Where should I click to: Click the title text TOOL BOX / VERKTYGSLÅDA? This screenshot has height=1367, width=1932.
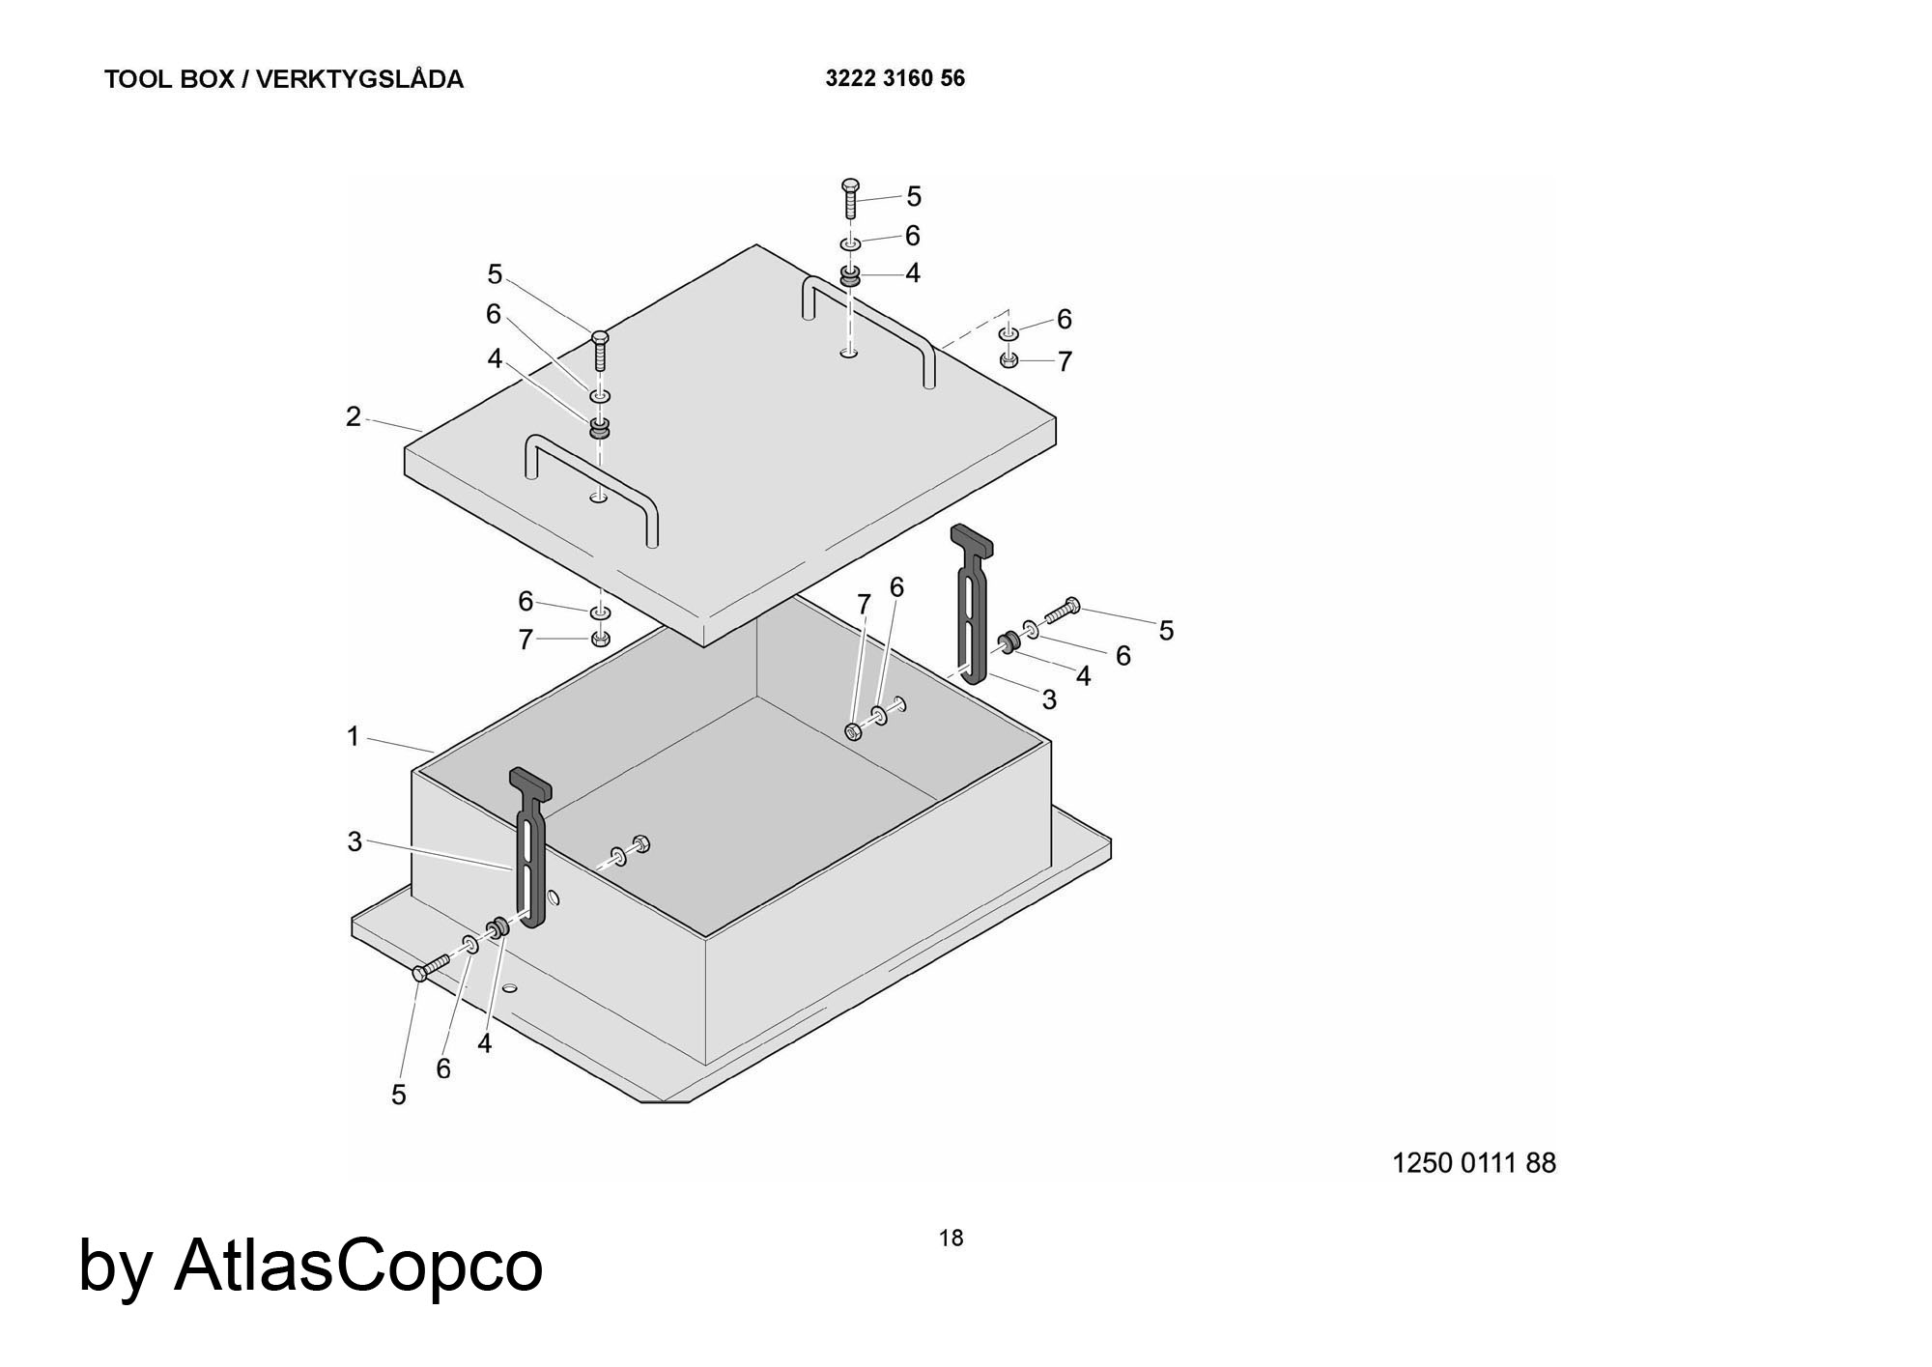pyautogui.click(x=283, y=79)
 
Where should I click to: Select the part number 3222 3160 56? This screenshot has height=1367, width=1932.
pyautogui.click(x=895, y=78)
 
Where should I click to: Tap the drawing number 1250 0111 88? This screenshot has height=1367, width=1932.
pyautogui.click(x=1473, y=1162)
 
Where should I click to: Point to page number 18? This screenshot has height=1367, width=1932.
pyautogui.click(x=951, y=1238)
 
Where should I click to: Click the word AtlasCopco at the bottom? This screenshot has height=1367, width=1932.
pyautogui.click(x=357, y=1265)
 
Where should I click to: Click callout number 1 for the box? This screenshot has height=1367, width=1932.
pyautogui.click(x=353, y=736)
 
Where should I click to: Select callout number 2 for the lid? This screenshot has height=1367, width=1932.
pyautogui.click(x=354, y=416)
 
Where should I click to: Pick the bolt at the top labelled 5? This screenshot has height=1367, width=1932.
pyautogui.click(x=850, y=197)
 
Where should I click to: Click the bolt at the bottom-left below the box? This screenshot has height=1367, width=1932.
pyautogui.click(x=431, y=966)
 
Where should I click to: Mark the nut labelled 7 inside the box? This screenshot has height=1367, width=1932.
pyautogui.click(x=853, y=731)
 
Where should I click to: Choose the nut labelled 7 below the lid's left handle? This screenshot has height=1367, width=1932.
pyautogui.click(x=600, y=639)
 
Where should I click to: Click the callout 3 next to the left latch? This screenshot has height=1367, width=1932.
pyautogui.click(x=355, y=841)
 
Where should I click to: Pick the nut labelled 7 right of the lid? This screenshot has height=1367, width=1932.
pyautogui.click(x=1008, y=360)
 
